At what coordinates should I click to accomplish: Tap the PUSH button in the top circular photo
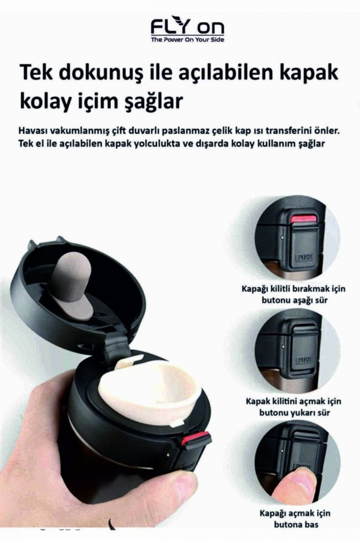tap(303, 257)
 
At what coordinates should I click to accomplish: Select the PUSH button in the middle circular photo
tap(304, 360)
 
